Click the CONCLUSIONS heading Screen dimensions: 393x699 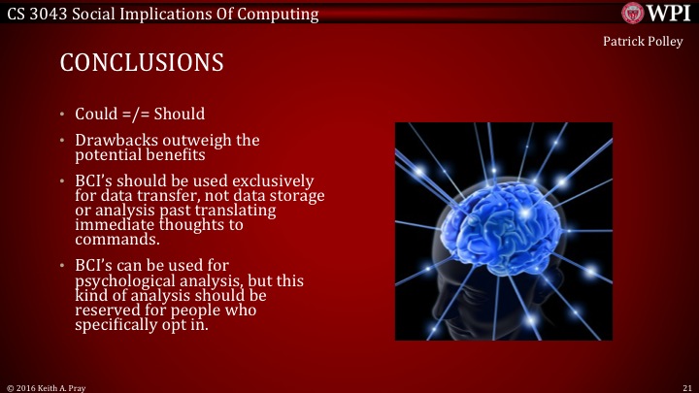pyautogui.click(x=142, y=63)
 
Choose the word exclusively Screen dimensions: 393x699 pyautogui.click(x=272, y=181)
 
